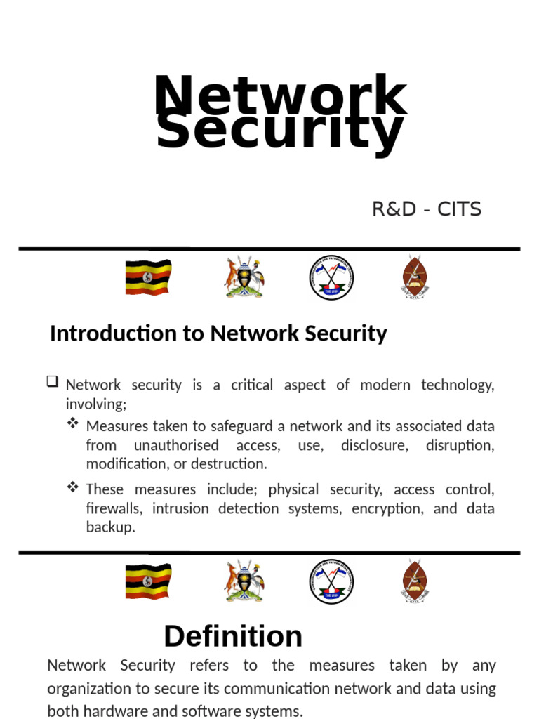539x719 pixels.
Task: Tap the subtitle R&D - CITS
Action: (427, 209)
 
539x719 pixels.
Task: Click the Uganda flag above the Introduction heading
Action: (148, 277)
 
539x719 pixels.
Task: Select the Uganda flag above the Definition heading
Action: (148, 581)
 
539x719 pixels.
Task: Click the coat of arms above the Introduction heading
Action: (244, 277)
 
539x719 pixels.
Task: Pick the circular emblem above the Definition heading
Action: (331, 581)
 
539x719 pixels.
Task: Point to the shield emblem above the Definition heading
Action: (415, 581)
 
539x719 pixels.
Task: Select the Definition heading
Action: (233, 636)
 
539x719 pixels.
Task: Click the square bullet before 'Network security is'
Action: (53, 383)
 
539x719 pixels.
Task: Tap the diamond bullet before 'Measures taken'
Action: (73, 424)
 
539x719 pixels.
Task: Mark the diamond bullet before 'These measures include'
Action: (73, 487)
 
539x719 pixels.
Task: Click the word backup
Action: (109, 527)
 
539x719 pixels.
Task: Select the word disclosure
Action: (371, 445)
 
